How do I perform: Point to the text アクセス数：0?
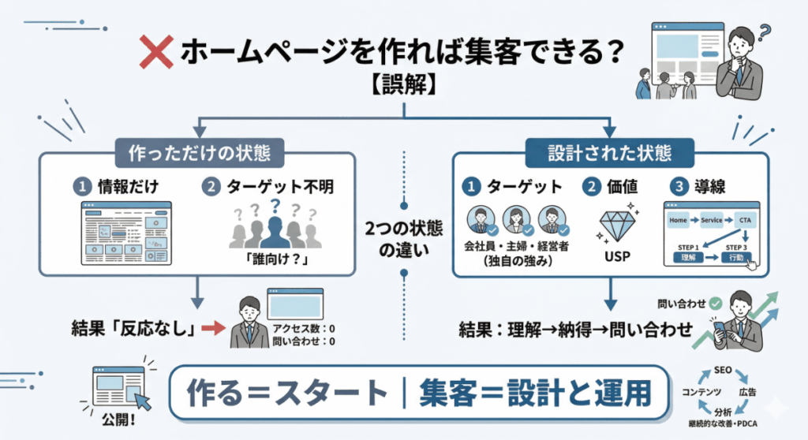tap(304, 329)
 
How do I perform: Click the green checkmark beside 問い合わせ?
tap(715, 303)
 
